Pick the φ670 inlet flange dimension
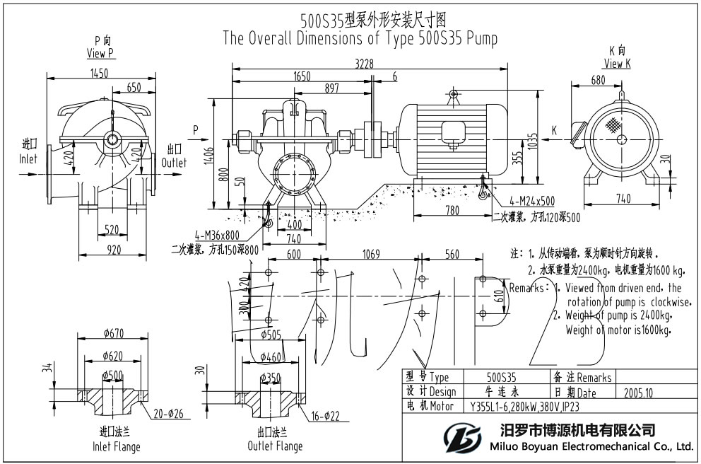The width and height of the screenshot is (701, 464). click(x=113, y=333)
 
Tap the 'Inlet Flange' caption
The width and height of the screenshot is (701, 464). click(x=117, y=446)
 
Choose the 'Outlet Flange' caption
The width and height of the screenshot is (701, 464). click(x=275, y=446)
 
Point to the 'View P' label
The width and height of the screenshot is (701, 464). click(x=100, y=53)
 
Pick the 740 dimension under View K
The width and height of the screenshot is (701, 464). click(x=623, y=199)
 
